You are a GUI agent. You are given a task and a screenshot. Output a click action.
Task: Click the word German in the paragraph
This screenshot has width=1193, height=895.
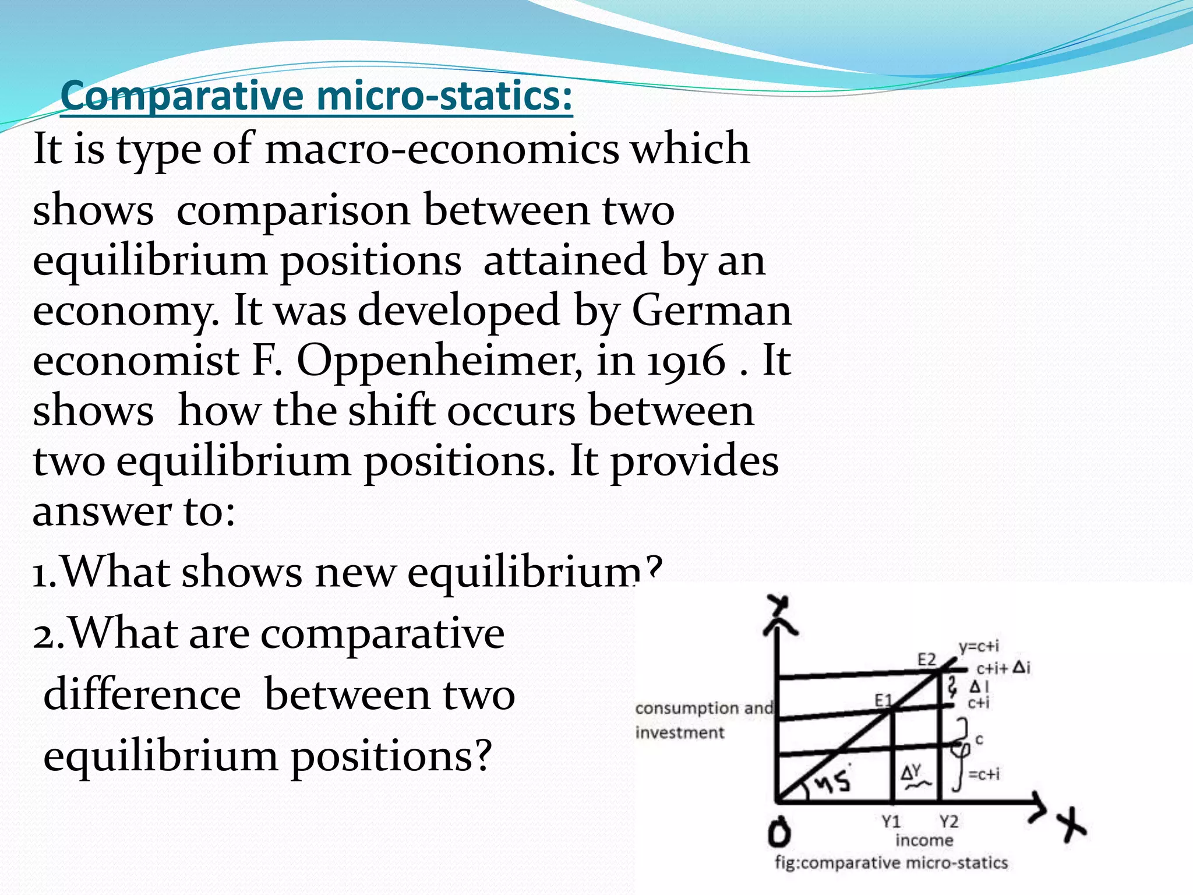pos(711,311)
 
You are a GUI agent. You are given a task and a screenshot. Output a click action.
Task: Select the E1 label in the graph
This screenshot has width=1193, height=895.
pos(883,700)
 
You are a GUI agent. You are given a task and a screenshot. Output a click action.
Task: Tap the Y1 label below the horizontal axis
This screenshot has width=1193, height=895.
pos(891,822)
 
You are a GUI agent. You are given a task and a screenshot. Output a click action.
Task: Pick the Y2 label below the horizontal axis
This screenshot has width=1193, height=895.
pos(949,822)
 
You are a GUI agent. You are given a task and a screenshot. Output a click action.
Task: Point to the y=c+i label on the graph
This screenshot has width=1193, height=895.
pos(979,646)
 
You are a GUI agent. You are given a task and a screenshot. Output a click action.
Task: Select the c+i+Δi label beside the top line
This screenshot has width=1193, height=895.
pos(1003,668)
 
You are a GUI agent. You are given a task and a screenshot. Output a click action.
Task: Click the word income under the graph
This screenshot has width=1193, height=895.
pos(924,840)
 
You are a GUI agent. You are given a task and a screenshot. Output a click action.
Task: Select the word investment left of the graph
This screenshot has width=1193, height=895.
pos(680,732)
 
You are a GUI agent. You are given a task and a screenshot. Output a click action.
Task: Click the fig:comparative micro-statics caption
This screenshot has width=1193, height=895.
pos(891,862)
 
